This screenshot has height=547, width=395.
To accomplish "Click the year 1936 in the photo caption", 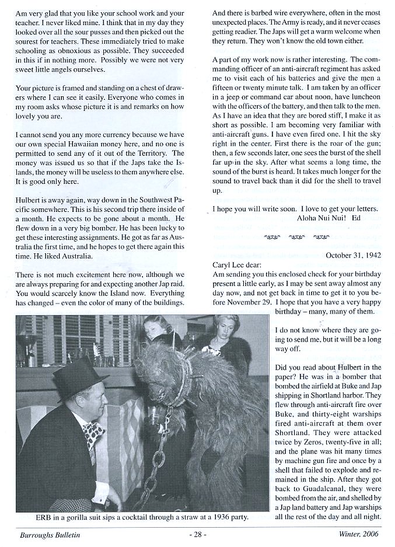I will pyautogui.click(x=203, y=517).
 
